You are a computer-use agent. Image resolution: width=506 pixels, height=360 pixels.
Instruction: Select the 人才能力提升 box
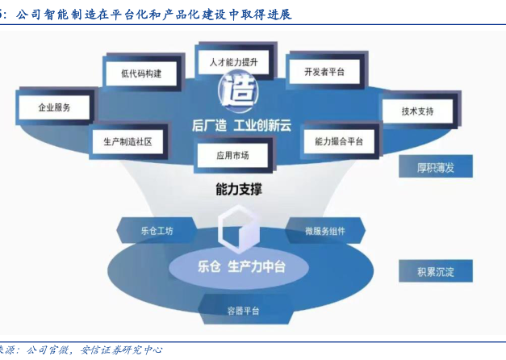[x=233, y=61]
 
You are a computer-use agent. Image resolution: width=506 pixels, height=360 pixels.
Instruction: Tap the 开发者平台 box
[x=324, y=72]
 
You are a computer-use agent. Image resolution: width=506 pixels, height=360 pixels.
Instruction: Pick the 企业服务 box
[x=54, y=107]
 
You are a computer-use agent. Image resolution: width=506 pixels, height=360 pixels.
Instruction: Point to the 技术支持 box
[x=417, y=112]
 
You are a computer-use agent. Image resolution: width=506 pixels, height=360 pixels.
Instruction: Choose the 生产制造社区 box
[x=128, y=141]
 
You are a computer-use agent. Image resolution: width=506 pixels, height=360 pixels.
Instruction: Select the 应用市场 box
[x=232, y=155]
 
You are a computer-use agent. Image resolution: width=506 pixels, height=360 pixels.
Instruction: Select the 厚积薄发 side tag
[x=436, y=168]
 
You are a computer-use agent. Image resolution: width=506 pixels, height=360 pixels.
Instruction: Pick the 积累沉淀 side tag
[x=436, y=271]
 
